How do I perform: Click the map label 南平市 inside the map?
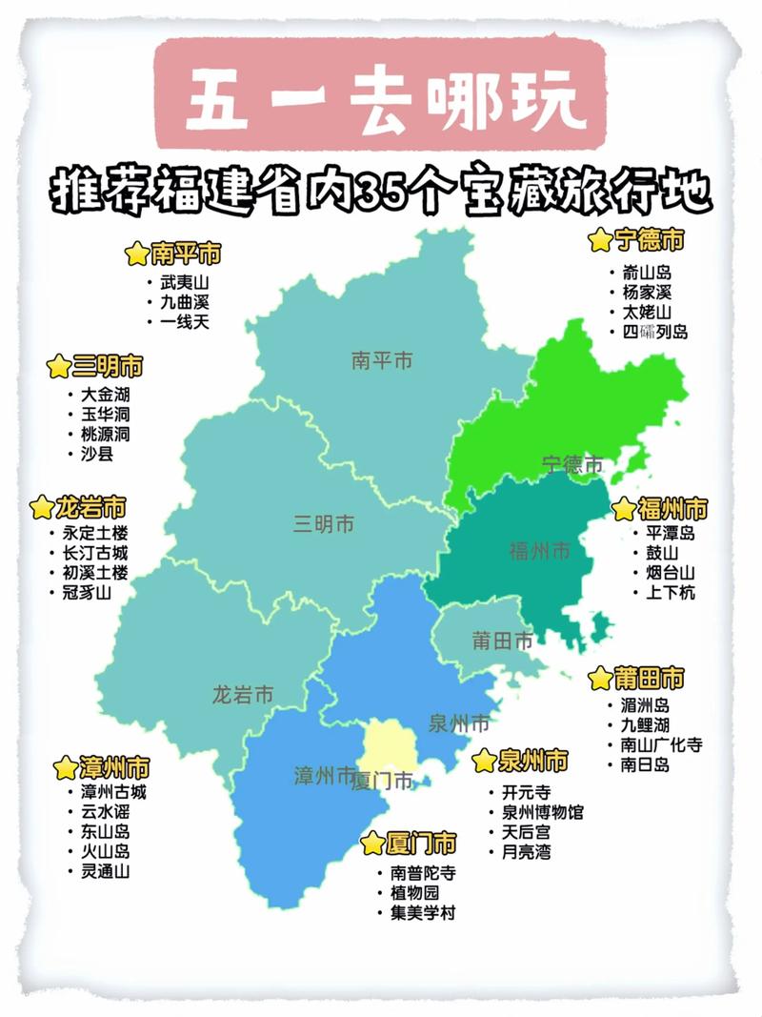tap(381, 361)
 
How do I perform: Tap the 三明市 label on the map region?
tap(324, 523)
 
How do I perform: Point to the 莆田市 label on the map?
tap(502, 641)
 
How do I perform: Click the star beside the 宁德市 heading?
tap(600, 240)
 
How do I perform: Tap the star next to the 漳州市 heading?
tap(65, 768)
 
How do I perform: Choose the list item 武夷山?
tap(184, 282)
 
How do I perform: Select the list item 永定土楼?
tap(93, 534)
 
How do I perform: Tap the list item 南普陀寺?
tap(423, 873)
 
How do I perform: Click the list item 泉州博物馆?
tap(542, 812)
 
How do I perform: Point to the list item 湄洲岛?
tap(645, 705)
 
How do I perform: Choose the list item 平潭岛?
tap(671, 533)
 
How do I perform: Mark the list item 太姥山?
tap(647, 312)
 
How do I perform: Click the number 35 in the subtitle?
tap(381, 193)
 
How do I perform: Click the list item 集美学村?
tap(423, 913)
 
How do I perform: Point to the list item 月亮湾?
tap(526, 852)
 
